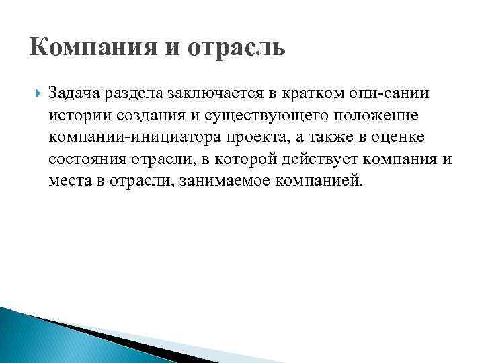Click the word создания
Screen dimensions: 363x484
tap(142, 114)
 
